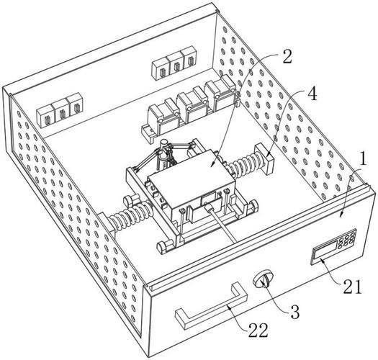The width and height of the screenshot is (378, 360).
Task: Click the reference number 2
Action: tap(287, 56)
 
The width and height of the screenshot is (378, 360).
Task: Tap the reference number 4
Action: tap(312, 94)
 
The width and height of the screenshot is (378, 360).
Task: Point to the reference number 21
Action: tap(353, 287)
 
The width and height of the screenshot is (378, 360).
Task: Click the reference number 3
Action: tap(295, 312)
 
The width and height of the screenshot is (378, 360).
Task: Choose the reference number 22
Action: tap(258, 330)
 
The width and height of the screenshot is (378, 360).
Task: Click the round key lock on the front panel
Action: tap(264, 278)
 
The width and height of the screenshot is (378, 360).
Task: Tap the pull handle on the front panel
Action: tap(212, 305)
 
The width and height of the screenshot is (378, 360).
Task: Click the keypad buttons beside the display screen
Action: tap(347, 238)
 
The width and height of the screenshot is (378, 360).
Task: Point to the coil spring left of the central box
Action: tap(130, 215)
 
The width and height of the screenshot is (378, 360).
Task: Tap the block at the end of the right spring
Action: tap(265, 158)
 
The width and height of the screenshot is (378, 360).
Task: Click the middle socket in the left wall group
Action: tap(60, 112)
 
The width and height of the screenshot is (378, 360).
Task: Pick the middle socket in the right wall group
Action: tap(176, 65)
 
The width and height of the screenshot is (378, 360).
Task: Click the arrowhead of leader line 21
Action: tap(323, 260)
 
